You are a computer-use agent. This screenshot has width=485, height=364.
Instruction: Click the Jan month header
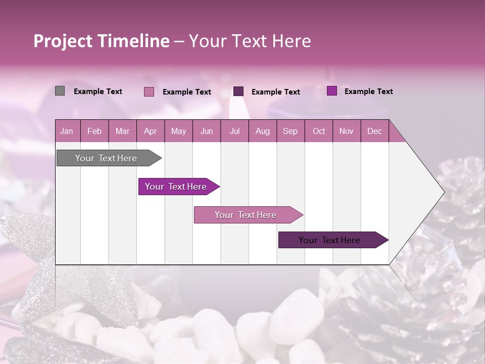click(x=67, y=131)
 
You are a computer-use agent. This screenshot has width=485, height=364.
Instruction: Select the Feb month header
click(x=94, y=131)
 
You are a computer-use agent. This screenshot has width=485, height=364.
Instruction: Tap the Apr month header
click(x=150, y=131)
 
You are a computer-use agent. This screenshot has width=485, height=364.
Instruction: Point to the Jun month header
click(x=207, y=131)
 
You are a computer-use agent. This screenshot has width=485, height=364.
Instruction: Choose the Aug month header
click(x=262, y=131)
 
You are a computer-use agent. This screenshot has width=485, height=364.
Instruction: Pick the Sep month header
click(x=290, y=131)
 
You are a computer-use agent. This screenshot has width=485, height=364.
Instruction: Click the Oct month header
click(x=319, y=131)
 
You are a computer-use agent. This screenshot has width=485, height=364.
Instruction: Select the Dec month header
click(x=374, y=131)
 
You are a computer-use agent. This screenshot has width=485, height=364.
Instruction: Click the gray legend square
click(x=60, y=91)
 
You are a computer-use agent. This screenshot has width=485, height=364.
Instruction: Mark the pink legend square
click(x=149, y=92)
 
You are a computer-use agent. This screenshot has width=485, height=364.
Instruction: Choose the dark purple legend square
click(x=238, y=91)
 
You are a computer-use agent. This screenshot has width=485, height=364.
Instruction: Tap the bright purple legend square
click(x=331, y=91)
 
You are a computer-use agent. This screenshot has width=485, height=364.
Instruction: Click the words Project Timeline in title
click(x=102, y=41)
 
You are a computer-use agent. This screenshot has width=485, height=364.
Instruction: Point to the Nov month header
click(x=347, y=131)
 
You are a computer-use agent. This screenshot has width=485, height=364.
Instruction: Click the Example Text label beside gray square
click(x=98, y=92)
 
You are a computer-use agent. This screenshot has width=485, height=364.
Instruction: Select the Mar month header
click(x=122, y=131)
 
